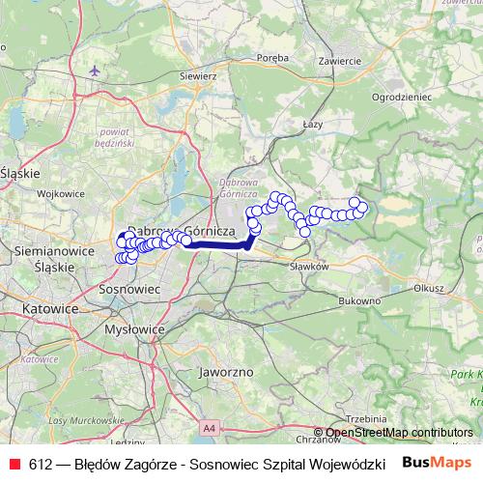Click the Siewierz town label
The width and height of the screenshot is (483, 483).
pos(197,74)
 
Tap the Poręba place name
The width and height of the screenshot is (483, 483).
pos(273,58)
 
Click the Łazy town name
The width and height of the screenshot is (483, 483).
pos(312,125)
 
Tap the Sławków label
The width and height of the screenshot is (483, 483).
pos(310,266)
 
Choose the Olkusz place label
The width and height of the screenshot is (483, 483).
pos(427,287)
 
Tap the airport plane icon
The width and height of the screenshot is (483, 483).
pos(94,71)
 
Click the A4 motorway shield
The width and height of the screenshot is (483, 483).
pos(210,425)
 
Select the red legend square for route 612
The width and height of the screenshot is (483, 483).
pos(14,462)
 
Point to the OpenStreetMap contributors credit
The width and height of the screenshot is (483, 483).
pos(400,433)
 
